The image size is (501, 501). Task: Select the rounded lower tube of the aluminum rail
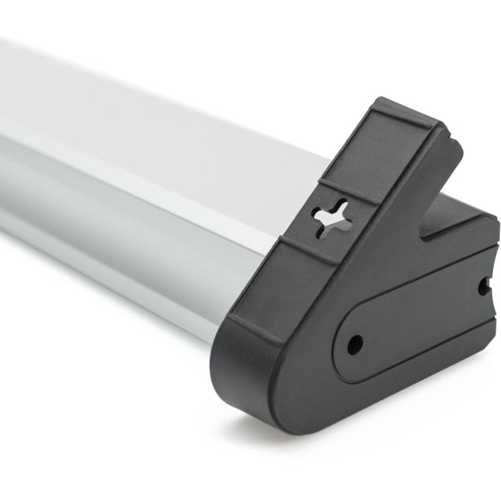(107, 229)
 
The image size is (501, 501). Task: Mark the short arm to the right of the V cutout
(465, 222)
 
